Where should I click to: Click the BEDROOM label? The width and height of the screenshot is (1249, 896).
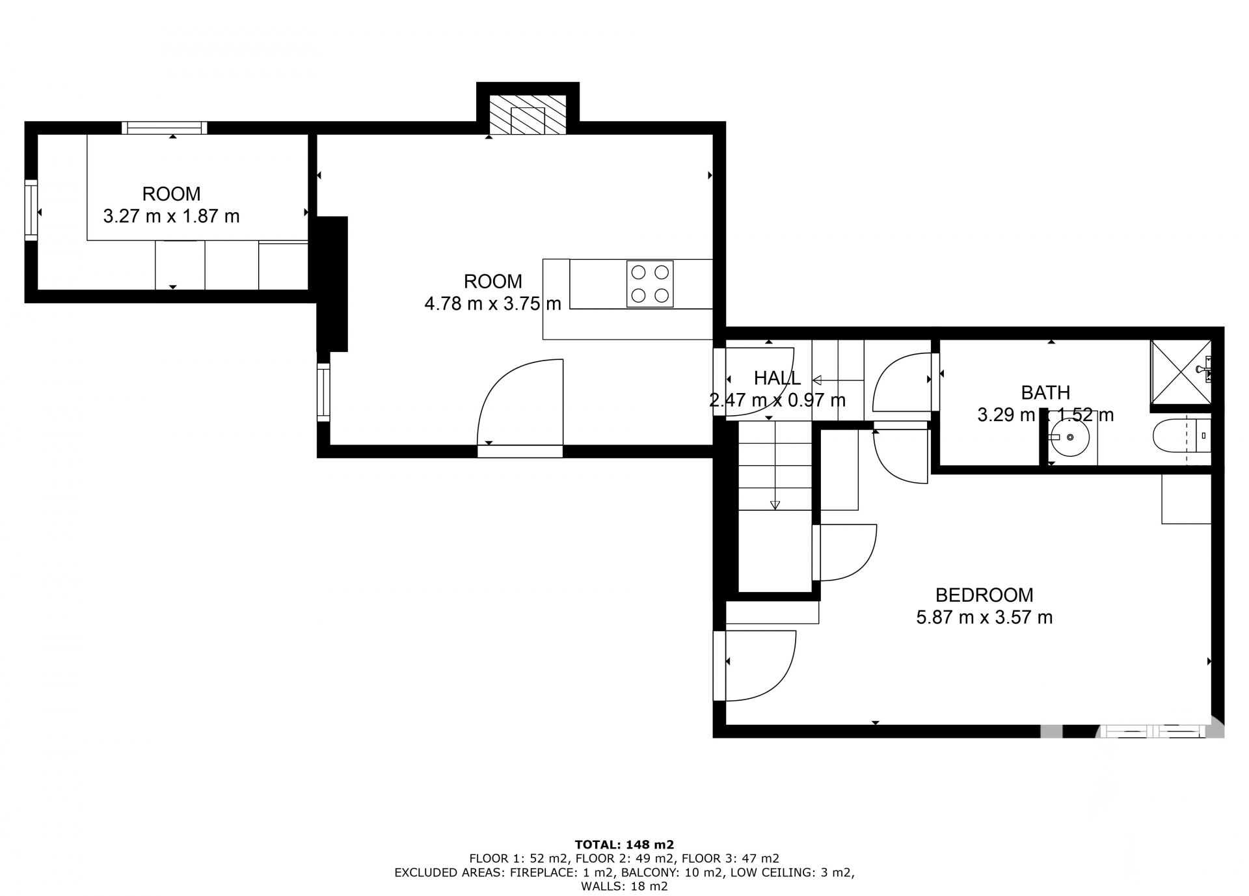984,595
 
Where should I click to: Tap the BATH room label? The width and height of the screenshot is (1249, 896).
1045,392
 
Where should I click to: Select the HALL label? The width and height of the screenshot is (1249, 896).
777,377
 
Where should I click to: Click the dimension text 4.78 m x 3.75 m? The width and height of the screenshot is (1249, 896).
492,303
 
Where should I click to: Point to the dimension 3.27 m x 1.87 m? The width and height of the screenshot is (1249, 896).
172,215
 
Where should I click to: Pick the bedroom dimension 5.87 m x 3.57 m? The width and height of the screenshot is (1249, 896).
984,617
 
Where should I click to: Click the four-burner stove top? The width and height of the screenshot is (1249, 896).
650,284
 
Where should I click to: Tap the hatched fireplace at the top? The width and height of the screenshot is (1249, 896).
528,115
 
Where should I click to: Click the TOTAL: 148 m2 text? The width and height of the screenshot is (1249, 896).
624,845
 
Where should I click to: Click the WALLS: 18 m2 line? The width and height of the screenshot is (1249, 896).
624,886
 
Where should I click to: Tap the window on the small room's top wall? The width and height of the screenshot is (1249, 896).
164,128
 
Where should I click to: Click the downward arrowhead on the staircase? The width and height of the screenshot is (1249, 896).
775,504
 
